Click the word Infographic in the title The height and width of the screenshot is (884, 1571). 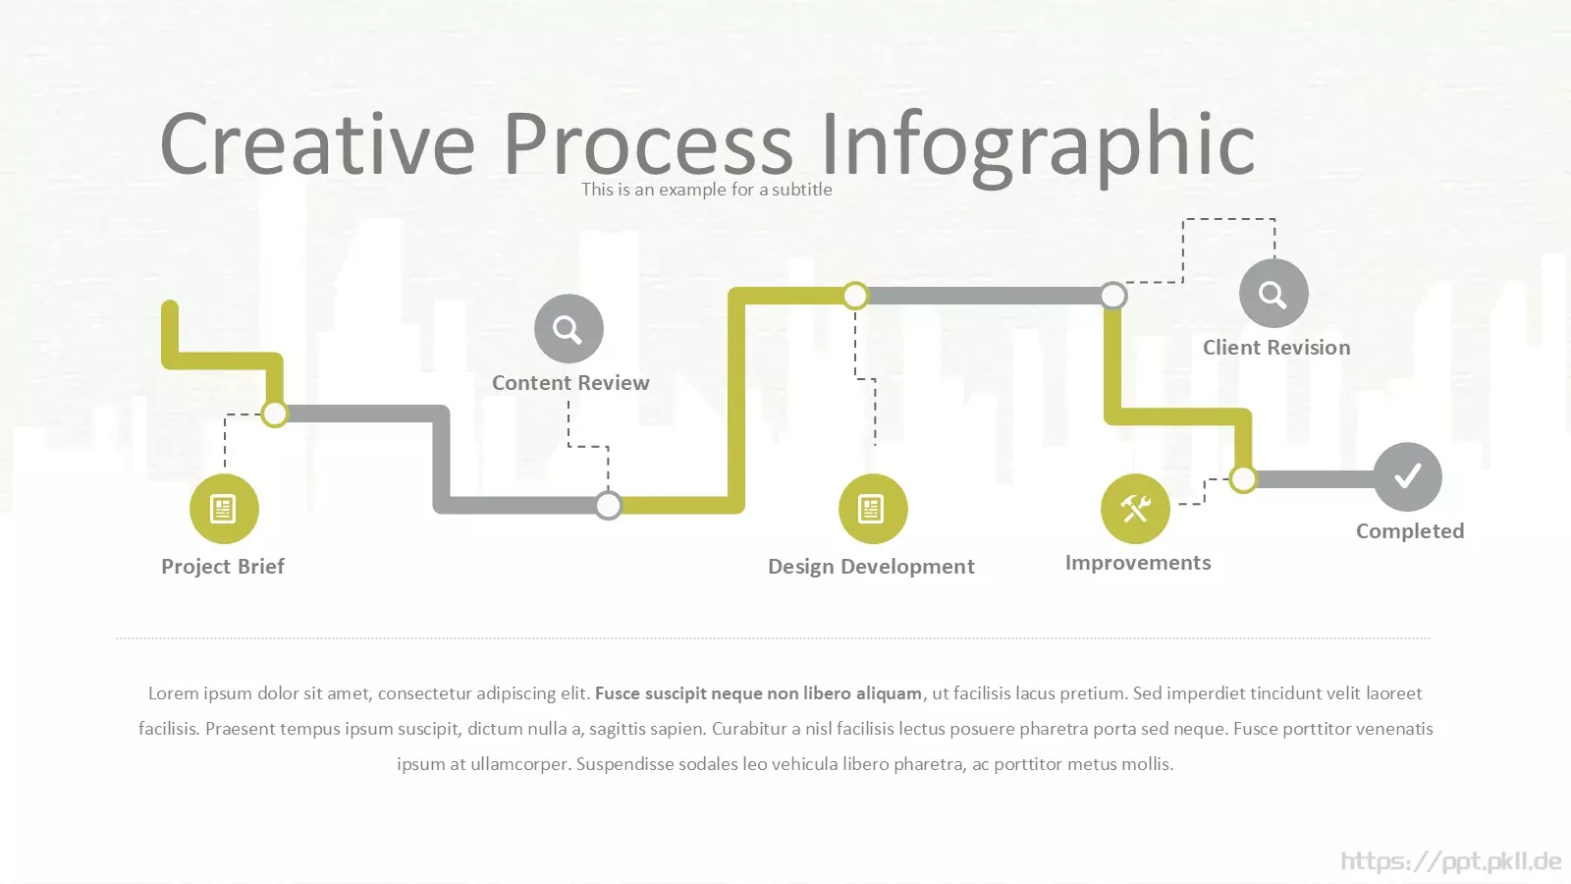(x=1037, y=146)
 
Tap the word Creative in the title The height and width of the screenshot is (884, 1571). (x=318, y=143)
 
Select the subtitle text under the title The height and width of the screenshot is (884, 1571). (x=706, y=190)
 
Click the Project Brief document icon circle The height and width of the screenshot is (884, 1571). (x=224, y=509)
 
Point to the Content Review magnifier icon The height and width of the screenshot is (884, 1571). (x=569, y=328)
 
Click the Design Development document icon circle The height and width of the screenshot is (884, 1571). (x=873, y=509)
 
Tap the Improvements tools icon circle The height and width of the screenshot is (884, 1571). (x=1135, y=509)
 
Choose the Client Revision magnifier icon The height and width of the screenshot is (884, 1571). (x=1273, y=294)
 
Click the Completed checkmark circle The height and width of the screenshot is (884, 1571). (x=1408, y=477)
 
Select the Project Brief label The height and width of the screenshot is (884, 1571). (x=223, y=566)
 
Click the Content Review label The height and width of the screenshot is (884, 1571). (x=570, y=382)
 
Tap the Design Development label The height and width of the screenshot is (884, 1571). (x=871, y=566)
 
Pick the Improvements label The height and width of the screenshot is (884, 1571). (x=1138, y=563)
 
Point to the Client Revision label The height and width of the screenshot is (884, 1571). (x=1276, y=348)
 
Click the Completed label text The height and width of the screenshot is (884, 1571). (x=1410, y=531)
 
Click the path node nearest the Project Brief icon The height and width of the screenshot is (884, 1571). (x=274, y=414)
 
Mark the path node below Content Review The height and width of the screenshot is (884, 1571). (x=608, y=505)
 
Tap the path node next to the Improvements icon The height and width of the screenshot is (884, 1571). (x=1243, y=479)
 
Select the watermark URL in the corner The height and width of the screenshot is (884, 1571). (x=1451, y=860)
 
